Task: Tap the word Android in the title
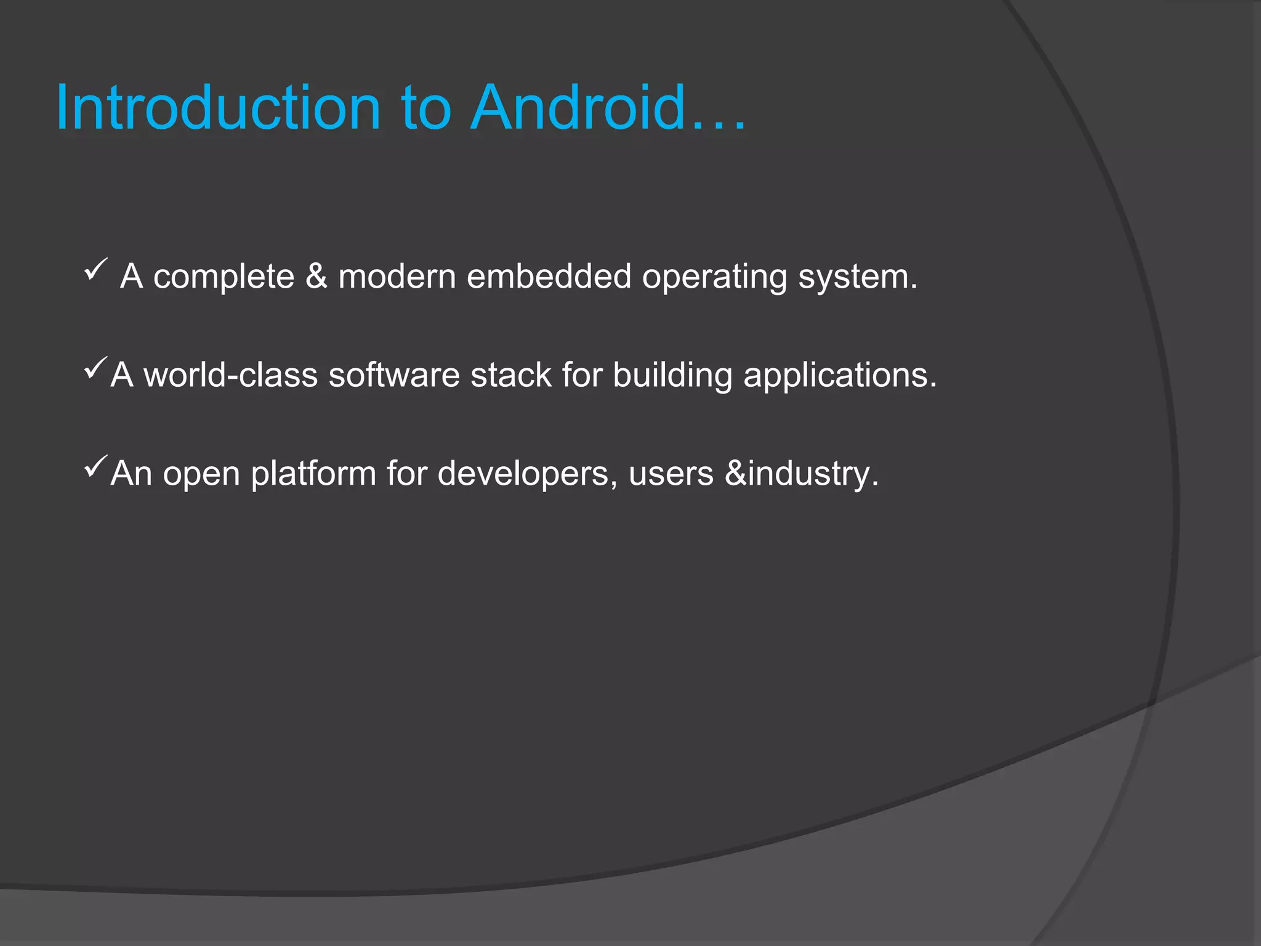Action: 578,108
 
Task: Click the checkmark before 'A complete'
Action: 95,270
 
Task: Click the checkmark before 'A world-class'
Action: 95,368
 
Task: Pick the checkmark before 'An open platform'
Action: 95,466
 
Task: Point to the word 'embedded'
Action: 549,276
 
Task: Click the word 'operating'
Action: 714,277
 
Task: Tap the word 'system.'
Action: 858,277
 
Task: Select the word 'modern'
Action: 397,276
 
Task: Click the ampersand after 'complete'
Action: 316,276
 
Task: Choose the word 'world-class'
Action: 230,374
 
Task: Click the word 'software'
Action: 394,374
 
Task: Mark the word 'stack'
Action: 511,374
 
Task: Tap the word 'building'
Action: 672,376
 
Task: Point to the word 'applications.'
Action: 840,376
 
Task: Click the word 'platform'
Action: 313,474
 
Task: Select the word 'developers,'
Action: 528,474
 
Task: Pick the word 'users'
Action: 671,473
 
